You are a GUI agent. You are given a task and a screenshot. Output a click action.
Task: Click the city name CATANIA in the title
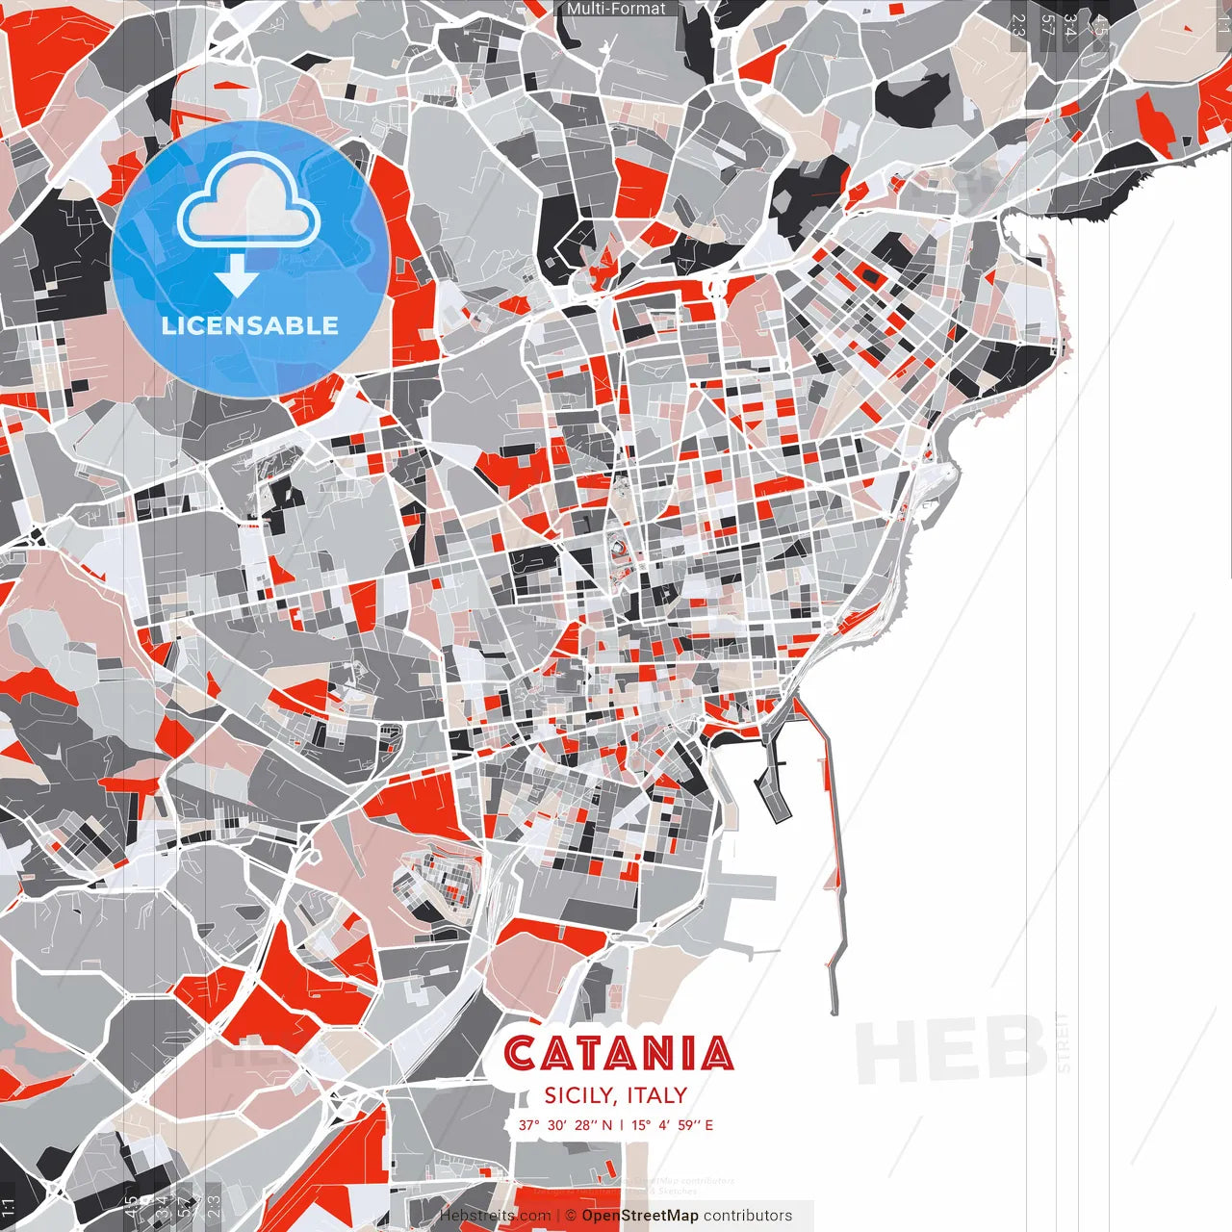point(618,1054)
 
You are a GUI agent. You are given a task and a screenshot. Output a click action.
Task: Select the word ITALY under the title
point(656,1095)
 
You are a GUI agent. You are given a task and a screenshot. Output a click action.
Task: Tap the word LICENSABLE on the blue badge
point(250,325)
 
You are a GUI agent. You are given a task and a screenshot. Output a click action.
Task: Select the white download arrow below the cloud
point(236,278)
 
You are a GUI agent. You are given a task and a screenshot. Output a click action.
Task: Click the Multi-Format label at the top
point(616,9)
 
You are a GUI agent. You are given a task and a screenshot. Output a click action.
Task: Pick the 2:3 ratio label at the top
point(1018,25)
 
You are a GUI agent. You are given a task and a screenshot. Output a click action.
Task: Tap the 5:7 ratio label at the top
point(1047,25)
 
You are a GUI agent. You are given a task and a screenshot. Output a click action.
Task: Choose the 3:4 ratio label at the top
point(1069,25)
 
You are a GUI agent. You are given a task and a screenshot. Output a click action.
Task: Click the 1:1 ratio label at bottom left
point(9,1208)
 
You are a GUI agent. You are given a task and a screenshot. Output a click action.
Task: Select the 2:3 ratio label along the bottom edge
point(214,1206)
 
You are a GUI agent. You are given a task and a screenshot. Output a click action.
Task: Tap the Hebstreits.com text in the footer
point(495,1216)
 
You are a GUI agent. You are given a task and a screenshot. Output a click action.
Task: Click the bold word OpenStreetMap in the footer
point(640,1216)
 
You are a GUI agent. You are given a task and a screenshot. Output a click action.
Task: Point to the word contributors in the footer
point(748,1216)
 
